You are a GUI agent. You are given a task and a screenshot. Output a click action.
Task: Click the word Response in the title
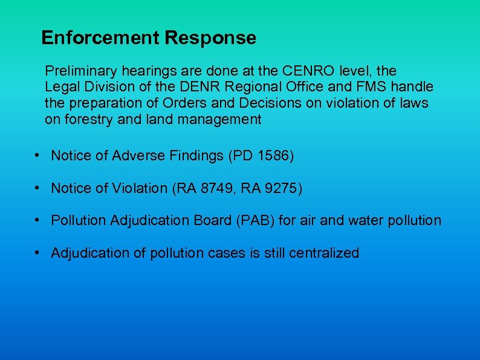210,38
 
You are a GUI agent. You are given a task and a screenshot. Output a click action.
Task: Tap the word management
219,119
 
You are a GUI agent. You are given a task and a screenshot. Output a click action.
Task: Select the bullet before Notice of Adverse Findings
37,155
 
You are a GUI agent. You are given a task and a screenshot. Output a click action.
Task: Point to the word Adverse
140,156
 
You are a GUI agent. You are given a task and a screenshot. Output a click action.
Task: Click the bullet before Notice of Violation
37,188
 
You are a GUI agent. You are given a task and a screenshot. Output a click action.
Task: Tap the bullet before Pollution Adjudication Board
37,220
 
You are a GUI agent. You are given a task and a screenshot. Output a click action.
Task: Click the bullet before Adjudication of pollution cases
37,252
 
